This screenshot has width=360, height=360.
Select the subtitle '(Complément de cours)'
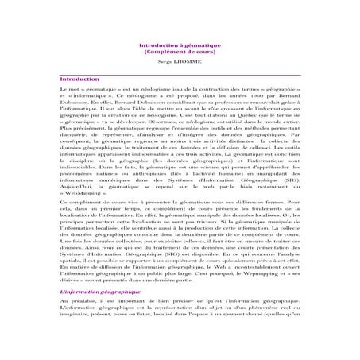point(180,53)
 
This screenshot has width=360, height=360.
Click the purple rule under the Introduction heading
point(180,84)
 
